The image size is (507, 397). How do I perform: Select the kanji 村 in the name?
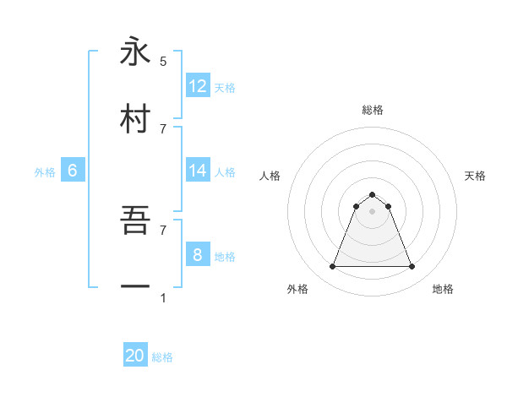135,118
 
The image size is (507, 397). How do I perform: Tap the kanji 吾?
135,220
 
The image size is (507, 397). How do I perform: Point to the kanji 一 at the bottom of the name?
135,287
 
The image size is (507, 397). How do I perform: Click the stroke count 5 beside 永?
163,61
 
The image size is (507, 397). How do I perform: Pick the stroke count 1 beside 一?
163,298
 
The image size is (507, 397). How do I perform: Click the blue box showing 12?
198,86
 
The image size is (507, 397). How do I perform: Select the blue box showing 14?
198,171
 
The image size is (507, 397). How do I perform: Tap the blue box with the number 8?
198,255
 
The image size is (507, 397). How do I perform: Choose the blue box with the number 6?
73,171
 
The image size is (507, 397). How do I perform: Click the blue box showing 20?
135,356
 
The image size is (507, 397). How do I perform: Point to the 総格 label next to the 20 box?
162,357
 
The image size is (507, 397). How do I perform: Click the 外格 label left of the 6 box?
45,172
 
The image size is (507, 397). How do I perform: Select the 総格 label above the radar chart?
373,110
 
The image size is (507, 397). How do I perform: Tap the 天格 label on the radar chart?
475,176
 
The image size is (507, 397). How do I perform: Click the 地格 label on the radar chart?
443,289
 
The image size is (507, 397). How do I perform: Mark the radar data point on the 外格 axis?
333,267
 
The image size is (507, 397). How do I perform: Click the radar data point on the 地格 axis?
412,267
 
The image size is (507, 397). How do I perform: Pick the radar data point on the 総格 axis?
373,194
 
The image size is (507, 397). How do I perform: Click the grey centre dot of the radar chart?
373,211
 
